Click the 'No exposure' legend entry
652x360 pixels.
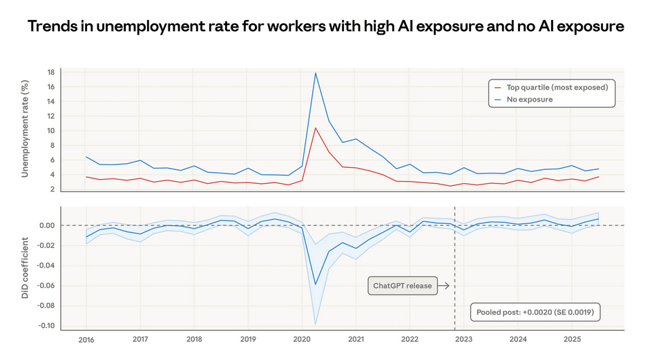pyautogui.click(x=529, y=100)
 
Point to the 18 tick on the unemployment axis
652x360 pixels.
pyautogui.click(x=50, y=73)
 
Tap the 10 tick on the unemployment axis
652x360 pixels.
pyautogui.click(x=50, y=131)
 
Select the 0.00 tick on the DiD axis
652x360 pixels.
pyautogui.click(x=47, y=225)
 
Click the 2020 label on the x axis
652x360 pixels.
pyautogui.click(x=301, y=340)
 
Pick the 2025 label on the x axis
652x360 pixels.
pyautogui.click(x=572, y=340)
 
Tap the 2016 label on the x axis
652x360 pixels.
pyautogui.click(x=86, y=340)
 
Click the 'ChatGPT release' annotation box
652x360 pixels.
pyautogui.click(x=402, y=285)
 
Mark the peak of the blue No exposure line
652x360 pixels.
pyautogui.click(x=316, y=73)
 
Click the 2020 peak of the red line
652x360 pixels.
pyautogui.click(x=316, y=128)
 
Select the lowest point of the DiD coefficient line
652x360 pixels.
pyautogui.click(x=316, y=284)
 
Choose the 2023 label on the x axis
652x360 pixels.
pyautogui.click(x=463, y=340)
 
